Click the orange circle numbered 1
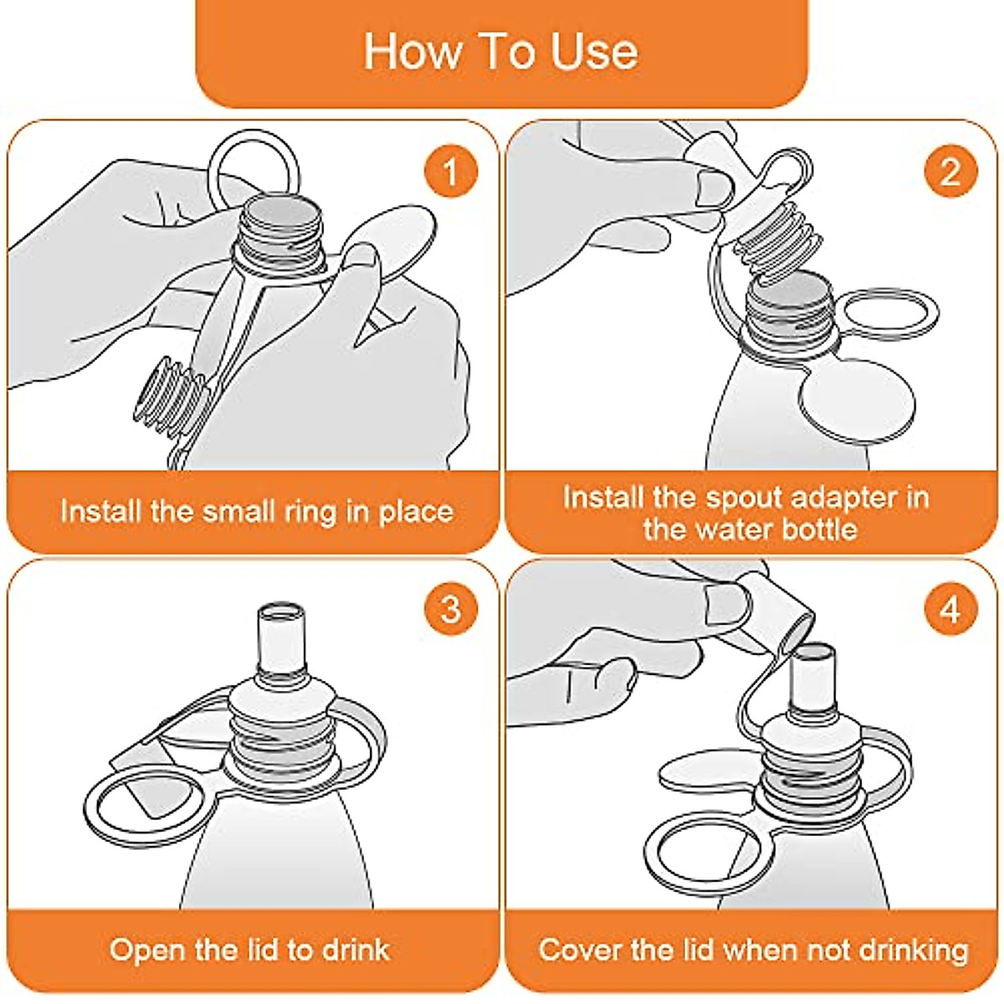451,171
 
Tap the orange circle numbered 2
950,171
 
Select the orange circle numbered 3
451,608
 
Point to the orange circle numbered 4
950,608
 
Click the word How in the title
412,52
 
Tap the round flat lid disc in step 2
858,402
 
